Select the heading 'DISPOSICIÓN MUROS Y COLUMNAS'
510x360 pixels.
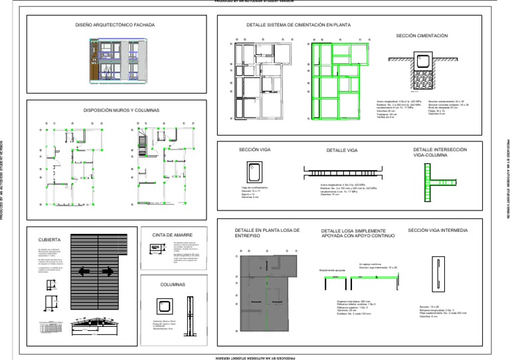click(116, 110)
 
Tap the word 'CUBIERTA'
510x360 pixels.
click(50, 239)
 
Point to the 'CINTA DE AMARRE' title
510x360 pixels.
click(172, 234)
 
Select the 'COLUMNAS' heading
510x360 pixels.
click(172, 284)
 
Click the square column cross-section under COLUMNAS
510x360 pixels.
click(162, 305)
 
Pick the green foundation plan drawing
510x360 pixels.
click(341, 80)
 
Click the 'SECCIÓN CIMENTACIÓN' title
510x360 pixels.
click(422, 35)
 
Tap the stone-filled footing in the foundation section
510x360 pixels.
click(422, 66)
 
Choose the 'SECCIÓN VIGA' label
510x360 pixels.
click(254, 150)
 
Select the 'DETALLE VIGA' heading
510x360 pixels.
click(342, 151)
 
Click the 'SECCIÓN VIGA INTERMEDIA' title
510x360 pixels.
click(438, 230)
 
